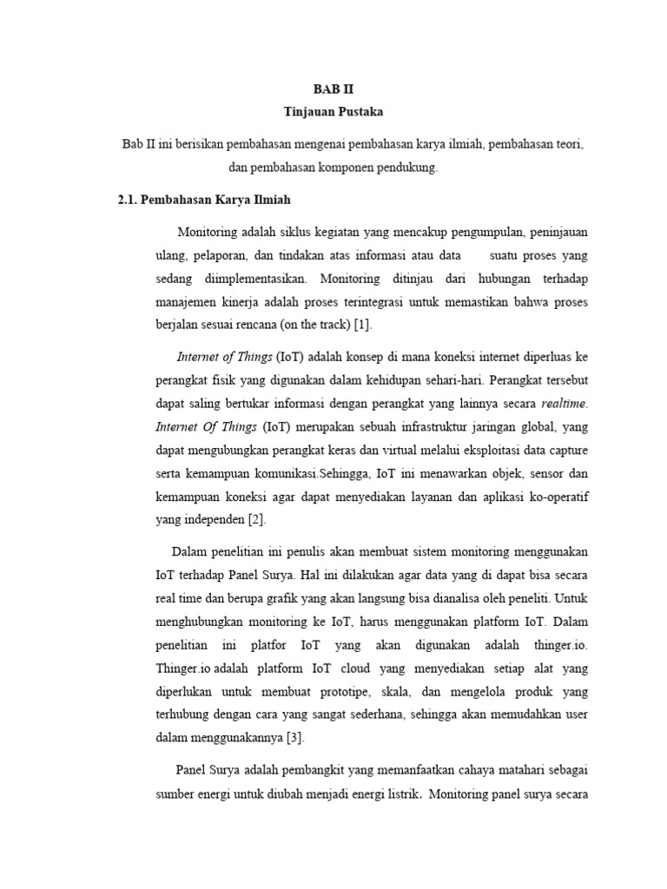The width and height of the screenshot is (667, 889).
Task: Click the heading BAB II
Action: pos(333,89)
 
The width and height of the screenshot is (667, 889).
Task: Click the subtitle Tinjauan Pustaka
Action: pos(333,112)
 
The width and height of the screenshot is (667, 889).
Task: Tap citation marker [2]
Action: pos(255,520)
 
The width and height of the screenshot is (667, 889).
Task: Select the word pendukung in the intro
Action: pos(403,168)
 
